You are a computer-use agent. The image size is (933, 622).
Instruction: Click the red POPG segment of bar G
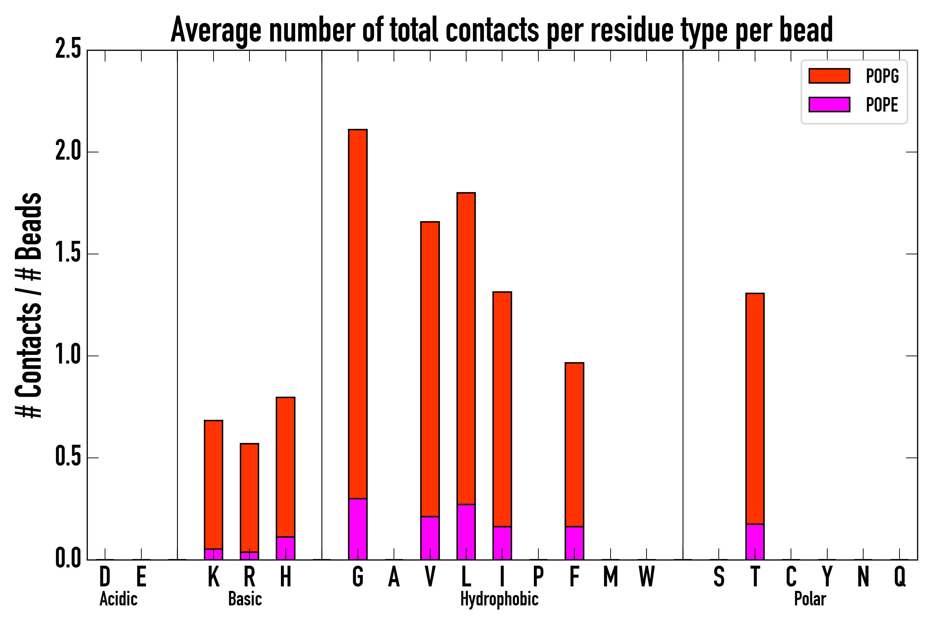point(357,313)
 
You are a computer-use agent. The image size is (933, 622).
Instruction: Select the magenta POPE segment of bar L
point(466,531)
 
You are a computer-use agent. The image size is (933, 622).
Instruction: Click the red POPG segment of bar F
point(574,444)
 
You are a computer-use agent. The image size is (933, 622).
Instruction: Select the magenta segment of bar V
point(430,537)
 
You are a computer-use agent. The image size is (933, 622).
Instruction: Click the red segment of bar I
point(502,408)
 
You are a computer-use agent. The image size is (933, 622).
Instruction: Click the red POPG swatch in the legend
point(829,76)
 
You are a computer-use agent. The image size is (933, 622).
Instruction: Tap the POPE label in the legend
point(882,105)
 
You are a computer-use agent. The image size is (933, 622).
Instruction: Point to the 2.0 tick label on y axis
point(68,152)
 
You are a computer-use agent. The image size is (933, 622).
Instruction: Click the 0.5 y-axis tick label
point(68,458)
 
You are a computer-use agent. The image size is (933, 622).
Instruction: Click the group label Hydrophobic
point(499,599)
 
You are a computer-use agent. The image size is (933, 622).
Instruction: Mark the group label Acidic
point(118,599)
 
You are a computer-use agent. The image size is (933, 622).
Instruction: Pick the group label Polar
point(810,599)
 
